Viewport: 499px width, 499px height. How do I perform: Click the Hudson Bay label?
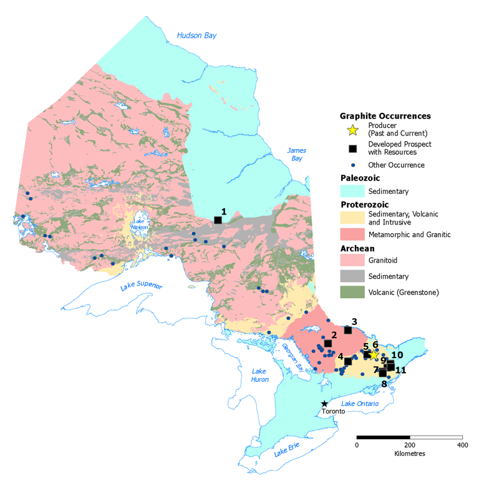coord(197,36)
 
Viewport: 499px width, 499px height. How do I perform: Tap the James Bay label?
coord(294,155)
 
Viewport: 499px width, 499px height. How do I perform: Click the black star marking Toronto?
coord(324,404)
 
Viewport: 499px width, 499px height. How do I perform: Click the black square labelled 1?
coord(218,220)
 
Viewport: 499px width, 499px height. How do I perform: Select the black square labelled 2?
coord(327,343)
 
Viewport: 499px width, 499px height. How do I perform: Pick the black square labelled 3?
coord(348,330)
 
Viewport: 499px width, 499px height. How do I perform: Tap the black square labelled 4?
coord(348,361)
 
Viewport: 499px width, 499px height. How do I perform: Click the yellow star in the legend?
coord(352,130)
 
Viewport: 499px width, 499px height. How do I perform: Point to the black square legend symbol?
coord(352,148)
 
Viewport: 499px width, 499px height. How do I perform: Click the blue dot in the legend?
coord(352,165)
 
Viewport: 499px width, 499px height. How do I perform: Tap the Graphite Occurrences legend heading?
coord(385,116)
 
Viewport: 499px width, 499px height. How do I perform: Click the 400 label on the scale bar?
coord(462,445)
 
